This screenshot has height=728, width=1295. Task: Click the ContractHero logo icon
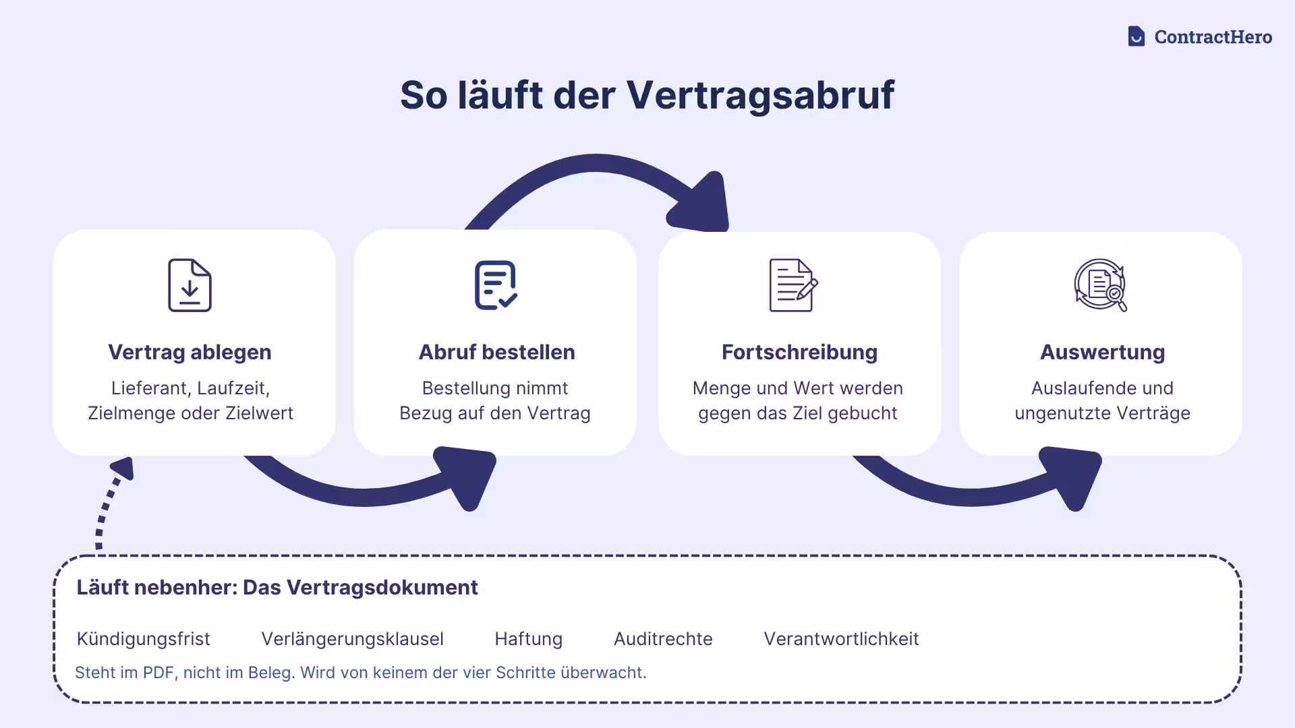tap(1136, 36)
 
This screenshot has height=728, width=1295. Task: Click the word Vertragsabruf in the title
tap(760, 95)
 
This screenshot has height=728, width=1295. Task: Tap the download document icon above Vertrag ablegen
tap(190, 285)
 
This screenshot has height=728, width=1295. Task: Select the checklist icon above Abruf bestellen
tap(496, 285)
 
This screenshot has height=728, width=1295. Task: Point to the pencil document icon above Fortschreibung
tap(794, 285)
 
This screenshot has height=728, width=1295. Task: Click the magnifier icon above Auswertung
tap(1101, 285)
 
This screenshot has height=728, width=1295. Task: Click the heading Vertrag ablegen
tap(190, 352)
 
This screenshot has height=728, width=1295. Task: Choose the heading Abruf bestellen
tap(496, 352)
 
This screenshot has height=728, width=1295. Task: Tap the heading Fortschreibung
tap(799, 352)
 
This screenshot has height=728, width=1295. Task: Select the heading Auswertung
tap(1102, 352)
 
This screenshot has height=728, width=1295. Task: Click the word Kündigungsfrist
tap(143, 639)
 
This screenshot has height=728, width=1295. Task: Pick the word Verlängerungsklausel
tap(352, 639)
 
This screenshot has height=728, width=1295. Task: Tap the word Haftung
tap(528, 639)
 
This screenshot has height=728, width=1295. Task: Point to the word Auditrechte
tap(663, 639)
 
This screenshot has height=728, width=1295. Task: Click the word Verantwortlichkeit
tap(841, 639)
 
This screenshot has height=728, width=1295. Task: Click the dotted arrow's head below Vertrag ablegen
tap(123, 468)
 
